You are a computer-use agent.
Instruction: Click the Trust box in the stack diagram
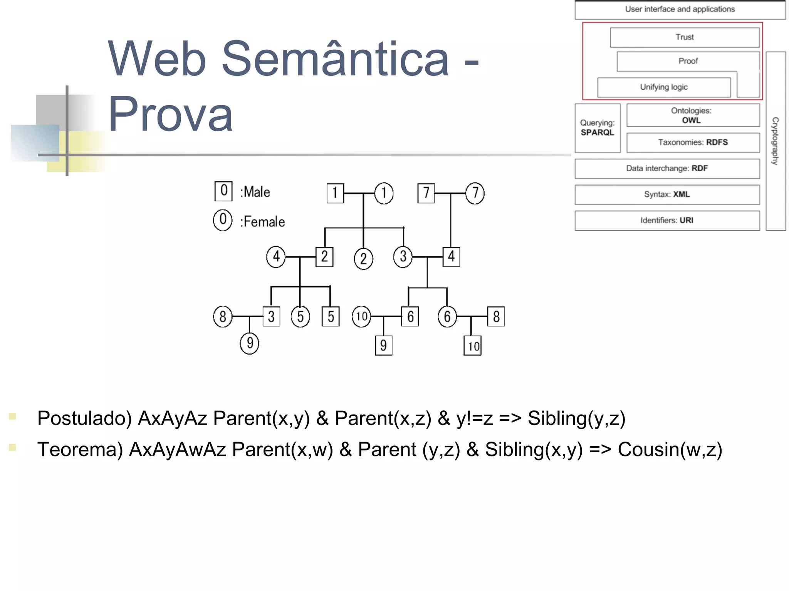tap(685, 37)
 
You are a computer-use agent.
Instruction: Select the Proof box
tap(688, 61)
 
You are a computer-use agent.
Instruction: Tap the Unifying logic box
tap(664, 87)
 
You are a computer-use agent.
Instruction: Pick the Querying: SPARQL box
tap(597, 128)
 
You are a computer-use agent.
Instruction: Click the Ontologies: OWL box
tap(693, 115)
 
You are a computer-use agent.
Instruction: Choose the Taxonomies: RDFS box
tap(693, 142)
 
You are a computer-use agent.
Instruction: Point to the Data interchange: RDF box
tap(667, 169)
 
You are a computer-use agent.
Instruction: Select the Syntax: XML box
tap(667, 194)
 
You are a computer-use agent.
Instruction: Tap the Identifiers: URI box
tap(667, 221)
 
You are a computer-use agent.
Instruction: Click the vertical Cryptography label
tap(775, 141)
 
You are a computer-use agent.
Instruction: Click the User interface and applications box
tap(680, 10)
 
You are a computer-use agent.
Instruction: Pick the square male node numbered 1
tap(335, 193)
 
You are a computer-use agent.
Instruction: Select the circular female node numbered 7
tap(475, 193)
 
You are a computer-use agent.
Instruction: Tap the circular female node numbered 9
tap(250, 343)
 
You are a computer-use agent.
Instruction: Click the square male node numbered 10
tap(473, 346)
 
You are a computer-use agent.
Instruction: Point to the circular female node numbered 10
tap(361, 316)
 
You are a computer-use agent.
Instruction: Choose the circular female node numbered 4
tap(276, 257)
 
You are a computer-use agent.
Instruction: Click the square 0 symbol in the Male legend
tap(223, 191)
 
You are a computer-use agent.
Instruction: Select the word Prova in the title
tap(170, 114)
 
